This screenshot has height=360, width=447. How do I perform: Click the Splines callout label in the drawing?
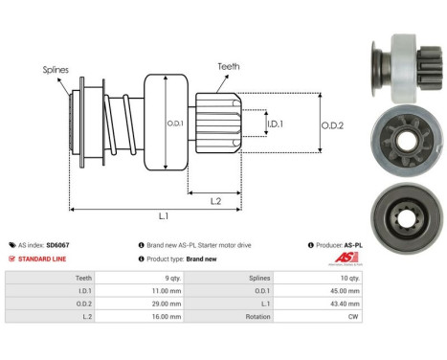pyautogui.click(x=55, y=70)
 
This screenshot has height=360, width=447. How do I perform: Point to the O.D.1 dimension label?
pyautogui.click(x=175, y=123)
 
